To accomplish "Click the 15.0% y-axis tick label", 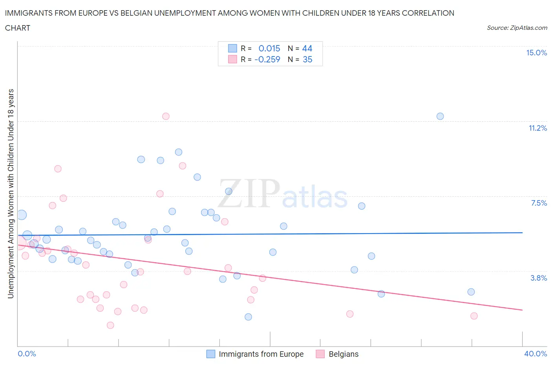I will (536, 53).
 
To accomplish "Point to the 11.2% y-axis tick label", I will (537, 128).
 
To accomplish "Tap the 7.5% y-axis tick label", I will (539, 203).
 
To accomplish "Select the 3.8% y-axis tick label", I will (539, 278).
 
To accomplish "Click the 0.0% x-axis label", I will (27, 354).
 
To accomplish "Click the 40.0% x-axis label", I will (536, 354).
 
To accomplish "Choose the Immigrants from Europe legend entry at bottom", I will (261, 354).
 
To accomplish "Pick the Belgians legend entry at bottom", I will (343, 354).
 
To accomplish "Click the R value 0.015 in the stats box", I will (269, 48).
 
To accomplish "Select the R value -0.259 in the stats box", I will (267, 59).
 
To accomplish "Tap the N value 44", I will (307, 48).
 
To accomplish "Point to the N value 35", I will (307, 59).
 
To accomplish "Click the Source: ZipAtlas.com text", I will (517, 28).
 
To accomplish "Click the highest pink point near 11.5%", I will (166, 116).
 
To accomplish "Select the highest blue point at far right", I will (440, 116).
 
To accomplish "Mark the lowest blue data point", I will (248, 317).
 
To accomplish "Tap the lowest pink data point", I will (110, 325).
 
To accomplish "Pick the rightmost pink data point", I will (474, 316).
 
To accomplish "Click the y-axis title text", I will (11, 193).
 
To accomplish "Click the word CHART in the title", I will (18, 28).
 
